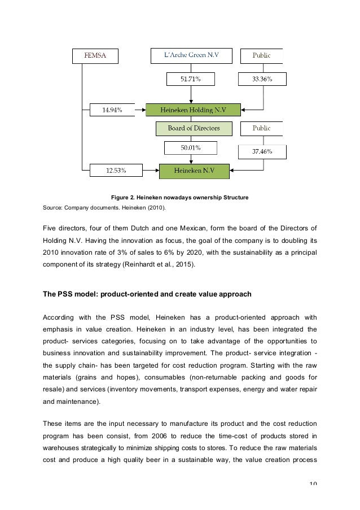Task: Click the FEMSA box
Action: [x=95, y=56]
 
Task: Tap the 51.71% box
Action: [x=190, y=79]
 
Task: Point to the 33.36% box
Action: [x=261, y=79]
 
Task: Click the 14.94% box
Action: [x=112, y=110]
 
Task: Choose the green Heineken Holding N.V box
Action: [x=193, y=110]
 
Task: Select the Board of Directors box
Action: [x=194, y=128]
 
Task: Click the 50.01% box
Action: [x=190, y=147]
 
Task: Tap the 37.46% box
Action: [x=261, y=151]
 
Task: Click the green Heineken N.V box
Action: [x=194, y=170]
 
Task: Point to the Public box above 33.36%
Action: [x=261, y=56]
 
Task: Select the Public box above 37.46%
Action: [x=261, y=128]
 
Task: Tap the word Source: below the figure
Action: [x=52, y=208]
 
